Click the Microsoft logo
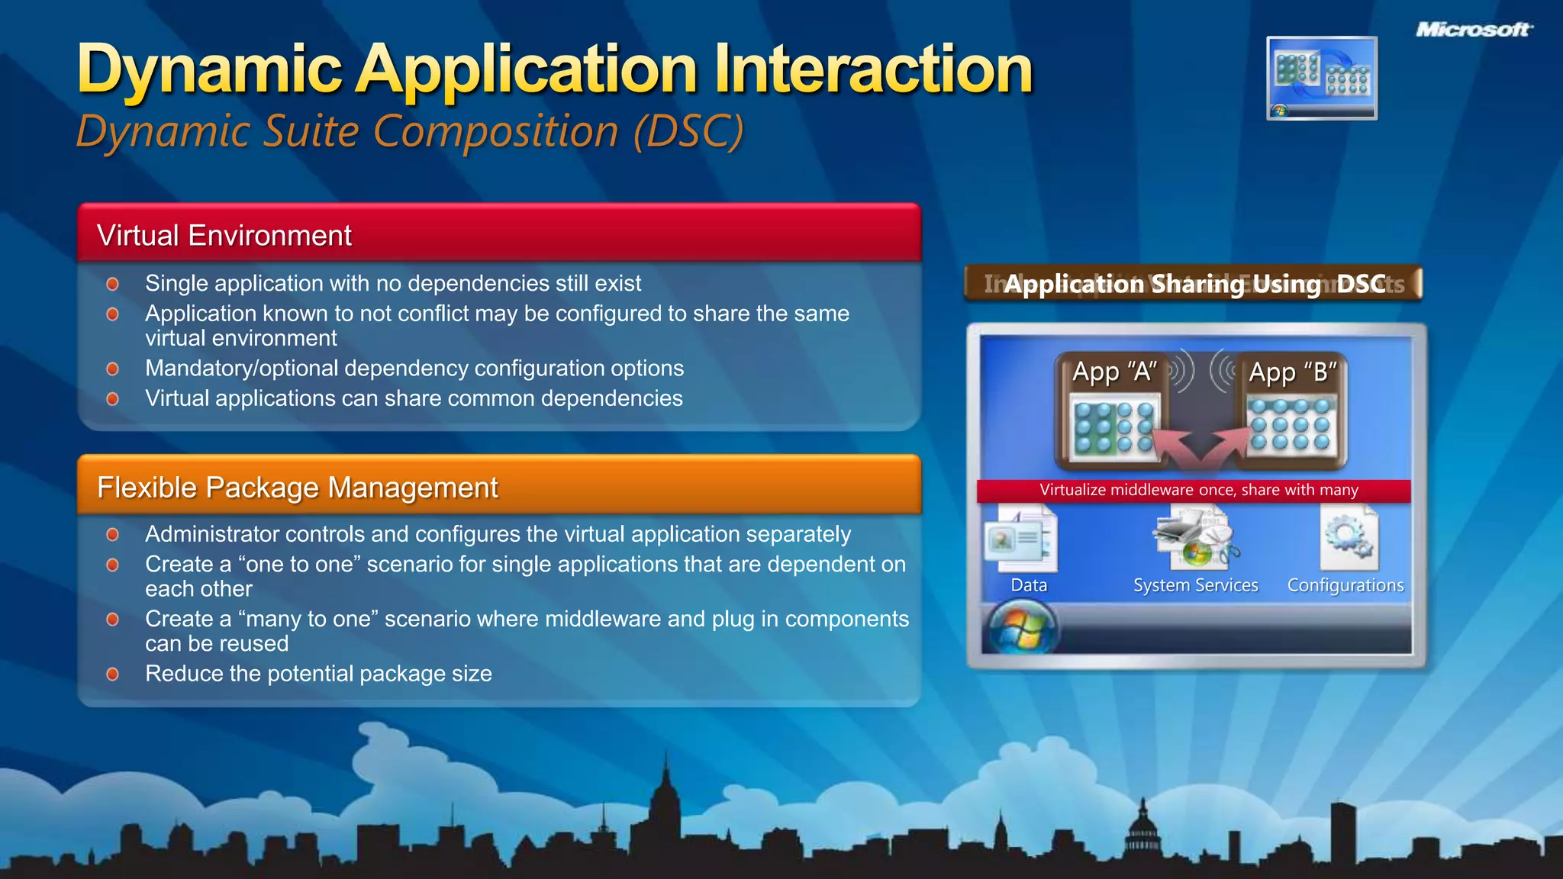1474,30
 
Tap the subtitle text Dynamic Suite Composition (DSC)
410,131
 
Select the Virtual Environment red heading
224,236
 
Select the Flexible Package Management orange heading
298,488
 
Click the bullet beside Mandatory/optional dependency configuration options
113,369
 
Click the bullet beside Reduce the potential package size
113,675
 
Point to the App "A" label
1114,372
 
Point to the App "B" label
1292,372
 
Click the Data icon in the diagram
1023,541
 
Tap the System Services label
1195,585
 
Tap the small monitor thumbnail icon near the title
1322,78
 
